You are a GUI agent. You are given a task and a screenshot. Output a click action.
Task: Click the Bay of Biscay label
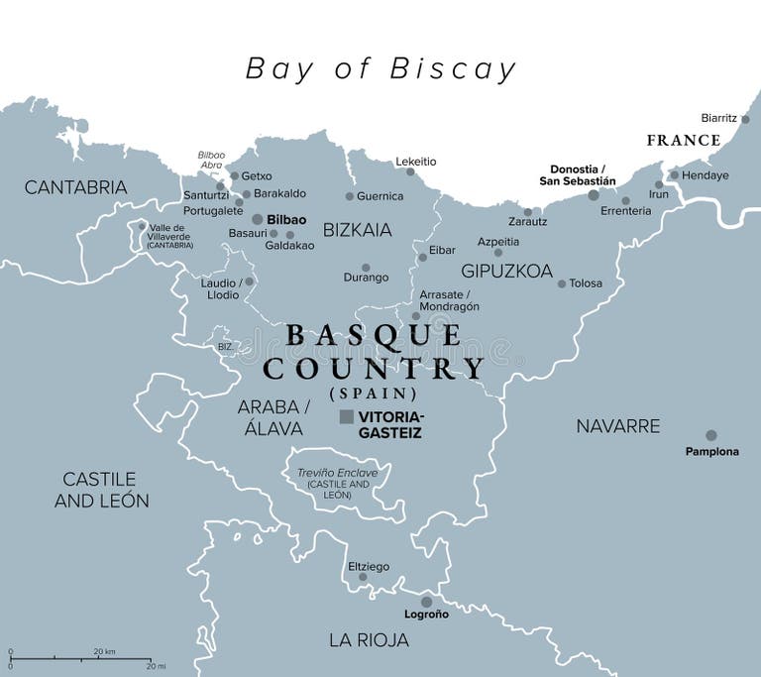(381, 68)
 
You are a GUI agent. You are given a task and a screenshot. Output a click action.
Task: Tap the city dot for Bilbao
(258, 219)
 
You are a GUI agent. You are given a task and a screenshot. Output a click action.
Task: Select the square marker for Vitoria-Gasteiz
(347, 417)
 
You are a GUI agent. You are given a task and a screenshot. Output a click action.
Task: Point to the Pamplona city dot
(710, 435)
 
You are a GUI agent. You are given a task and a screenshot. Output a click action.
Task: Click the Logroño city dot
(426, 601)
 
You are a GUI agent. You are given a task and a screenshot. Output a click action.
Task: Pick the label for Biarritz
(718, 117)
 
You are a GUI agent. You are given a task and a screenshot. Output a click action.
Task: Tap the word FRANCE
(684, 140)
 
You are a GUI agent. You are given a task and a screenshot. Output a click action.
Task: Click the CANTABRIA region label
(75, 186)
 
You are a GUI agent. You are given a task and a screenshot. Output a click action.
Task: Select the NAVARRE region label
(617, 425)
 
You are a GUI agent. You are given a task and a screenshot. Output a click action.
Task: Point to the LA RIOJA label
(369, 639)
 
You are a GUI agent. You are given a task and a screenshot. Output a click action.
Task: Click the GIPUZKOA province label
(506, 270)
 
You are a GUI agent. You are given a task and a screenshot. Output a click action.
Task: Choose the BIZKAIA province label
(358, 230)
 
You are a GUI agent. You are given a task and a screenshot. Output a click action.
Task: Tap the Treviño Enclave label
(338, 473)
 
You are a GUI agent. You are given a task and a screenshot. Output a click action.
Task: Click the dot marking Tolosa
(562, 283)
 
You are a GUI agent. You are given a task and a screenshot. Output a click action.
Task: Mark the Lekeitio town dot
(410, 172)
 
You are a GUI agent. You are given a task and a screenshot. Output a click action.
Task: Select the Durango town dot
(366, 268)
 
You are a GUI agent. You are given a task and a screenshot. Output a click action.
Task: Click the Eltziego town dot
(363, 576)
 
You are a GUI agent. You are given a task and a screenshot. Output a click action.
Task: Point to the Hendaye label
(707, 175)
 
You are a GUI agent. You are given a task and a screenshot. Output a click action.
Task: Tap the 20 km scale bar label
(105, 651)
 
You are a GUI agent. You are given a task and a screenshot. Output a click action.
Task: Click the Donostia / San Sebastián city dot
(594, 195)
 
